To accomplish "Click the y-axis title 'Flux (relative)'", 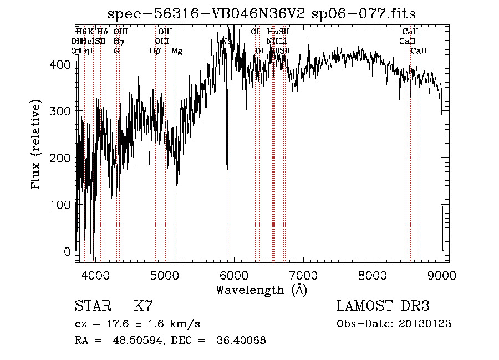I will pos(37,145).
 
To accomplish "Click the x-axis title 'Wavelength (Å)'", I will pos(262,290).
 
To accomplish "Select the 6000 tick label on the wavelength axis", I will pos(234,275).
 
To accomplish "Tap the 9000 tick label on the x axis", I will pos(442,275).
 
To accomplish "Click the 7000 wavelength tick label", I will pos(303,275).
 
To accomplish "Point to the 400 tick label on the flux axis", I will pos(62,64).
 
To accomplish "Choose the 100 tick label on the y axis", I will pos(62,205).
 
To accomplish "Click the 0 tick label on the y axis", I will pos(68,251).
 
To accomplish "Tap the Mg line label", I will pos(177,51).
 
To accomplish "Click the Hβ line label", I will pos(155,51).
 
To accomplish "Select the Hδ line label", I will pos(102,32).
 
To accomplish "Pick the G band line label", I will pos(116,51).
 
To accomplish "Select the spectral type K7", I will pos(143,306).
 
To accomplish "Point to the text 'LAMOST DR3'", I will pos(383,306).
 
